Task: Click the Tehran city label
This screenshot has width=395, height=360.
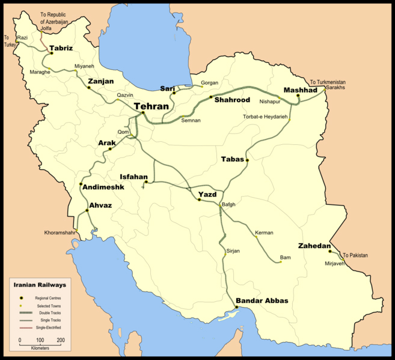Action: tap(152, 106)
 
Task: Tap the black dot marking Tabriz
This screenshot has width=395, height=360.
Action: tap(52, 53)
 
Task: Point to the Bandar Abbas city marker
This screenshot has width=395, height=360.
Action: tap(236, 307)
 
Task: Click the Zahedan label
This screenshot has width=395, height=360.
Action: tap(314, 246)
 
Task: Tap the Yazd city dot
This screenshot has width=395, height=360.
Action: tap(200, 199)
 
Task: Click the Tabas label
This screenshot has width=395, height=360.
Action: tap(232, 159)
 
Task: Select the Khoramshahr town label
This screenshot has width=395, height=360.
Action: tap(60, 233)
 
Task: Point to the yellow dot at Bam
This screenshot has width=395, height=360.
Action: tap(281, 262)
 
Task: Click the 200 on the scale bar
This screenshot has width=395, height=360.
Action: tap(60, 341)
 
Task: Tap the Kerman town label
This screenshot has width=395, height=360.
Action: tap(264, 233)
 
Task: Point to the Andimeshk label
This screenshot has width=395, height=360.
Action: tap(103, 187)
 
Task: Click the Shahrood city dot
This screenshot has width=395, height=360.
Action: tap(210, 97)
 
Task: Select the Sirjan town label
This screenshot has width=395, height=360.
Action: tap(233, 250)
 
